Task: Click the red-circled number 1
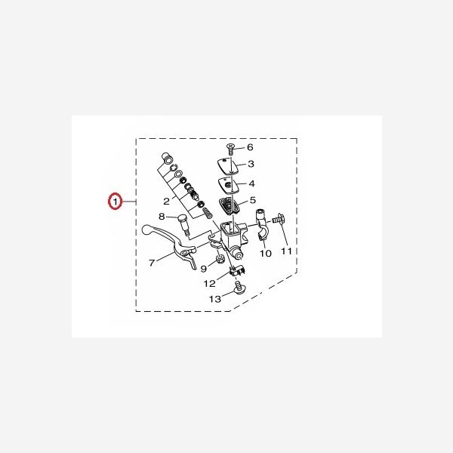115,202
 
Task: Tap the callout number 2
165,202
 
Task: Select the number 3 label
251,165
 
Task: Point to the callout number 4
251,183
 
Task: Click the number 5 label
252,201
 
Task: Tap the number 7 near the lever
152,263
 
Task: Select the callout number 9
203,270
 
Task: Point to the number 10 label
266,254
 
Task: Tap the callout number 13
215,300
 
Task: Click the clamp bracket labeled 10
261,227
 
